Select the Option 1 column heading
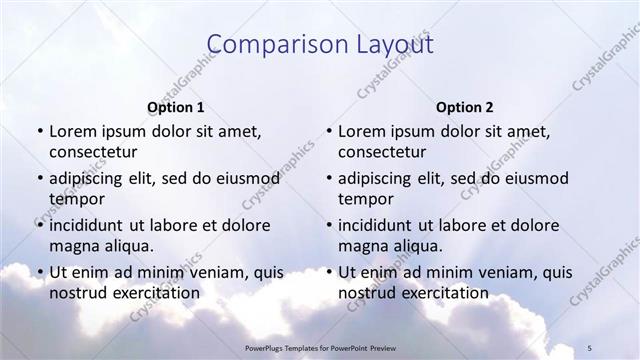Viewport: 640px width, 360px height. [x=176, y=107]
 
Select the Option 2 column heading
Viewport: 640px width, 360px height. [x=465, y=107]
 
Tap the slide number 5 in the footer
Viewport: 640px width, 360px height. [x=590, y=347]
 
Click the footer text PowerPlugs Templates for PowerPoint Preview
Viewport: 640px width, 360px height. [x=319, y=347]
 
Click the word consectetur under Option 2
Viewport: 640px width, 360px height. [x=382, y=152]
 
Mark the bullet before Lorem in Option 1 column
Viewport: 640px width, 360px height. [x=39, y=132]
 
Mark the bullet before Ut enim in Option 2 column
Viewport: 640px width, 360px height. [x=328, y=272]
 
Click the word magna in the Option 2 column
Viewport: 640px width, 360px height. [x=361, y=246]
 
